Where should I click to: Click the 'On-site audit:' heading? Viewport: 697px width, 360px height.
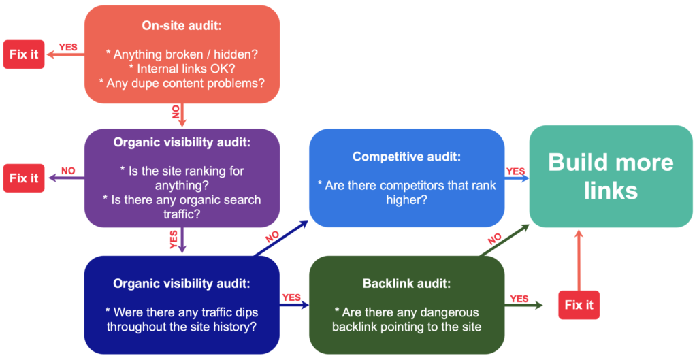[182, 25]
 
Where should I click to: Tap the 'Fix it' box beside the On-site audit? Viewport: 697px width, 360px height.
[24, 54]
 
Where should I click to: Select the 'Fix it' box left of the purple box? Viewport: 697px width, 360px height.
[24, 178]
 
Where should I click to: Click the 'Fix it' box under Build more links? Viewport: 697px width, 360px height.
[579, 305]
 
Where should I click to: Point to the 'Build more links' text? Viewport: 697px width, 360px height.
[611, 176]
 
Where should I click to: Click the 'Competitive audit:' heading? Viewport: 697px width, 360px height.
[406, 157]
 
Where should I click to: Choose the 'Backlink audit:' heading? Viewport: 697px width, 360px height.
[406, 283]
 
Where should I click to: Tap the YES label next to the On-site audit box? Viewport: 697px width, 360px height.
[68, 48]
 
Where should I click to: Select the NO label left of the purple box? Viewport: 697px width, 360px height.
[68, 171]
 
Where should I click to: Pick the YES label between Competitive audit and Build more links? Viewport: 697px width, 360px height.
[515, 171]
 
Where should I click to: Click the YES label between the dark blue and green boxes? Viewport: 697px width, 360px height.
[291, 297]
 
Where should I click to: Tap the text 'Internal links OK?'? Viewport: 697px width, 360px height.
[182, 68]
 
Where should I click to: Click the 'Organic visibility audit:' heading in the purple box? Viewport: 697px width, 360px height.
[182, 144]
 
